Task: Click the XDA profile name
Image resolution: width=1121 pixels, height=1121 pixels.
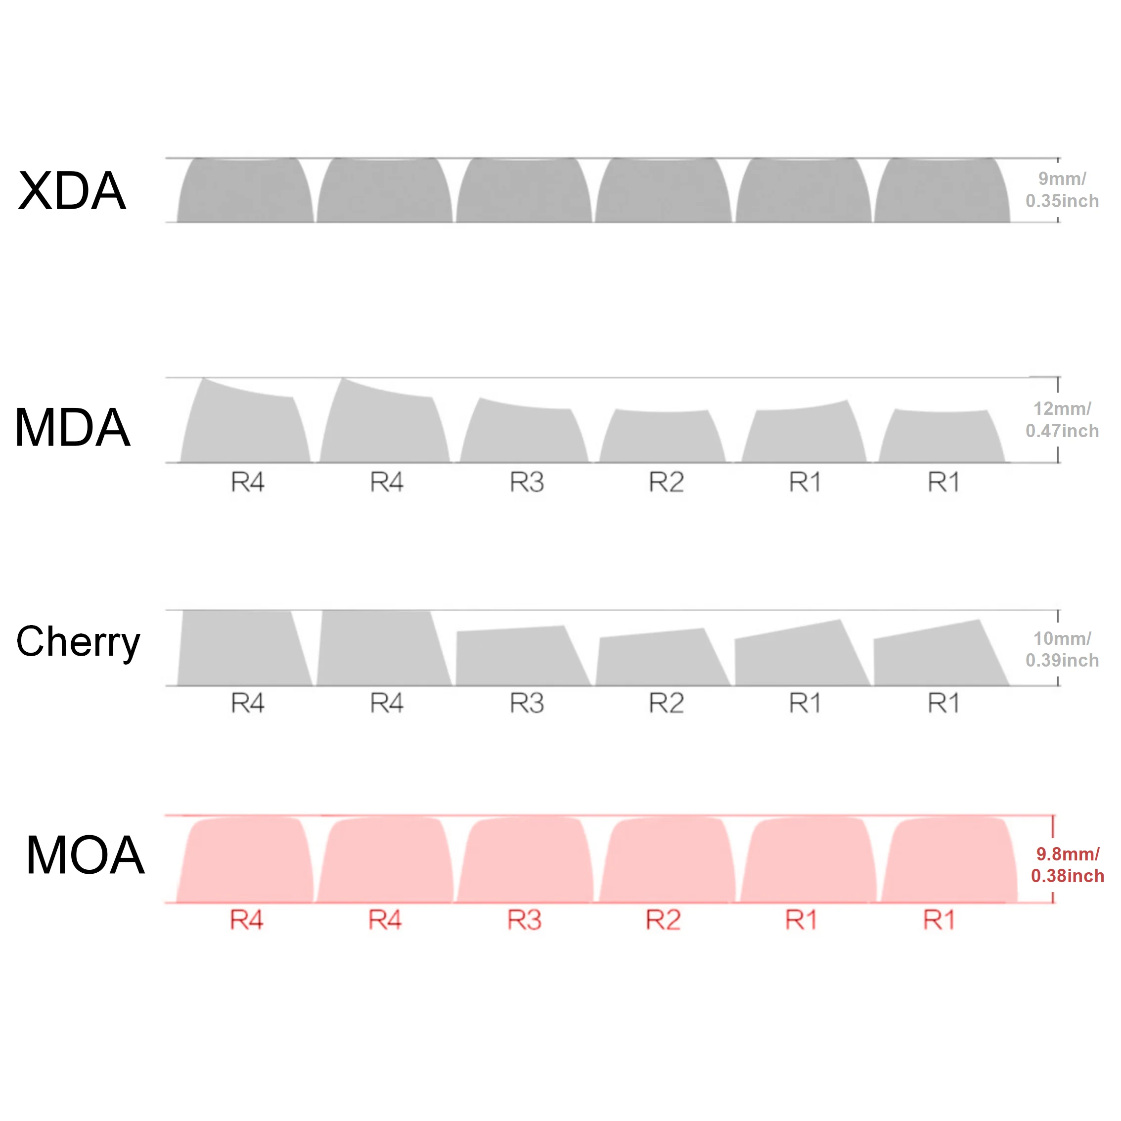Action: click(72, 191)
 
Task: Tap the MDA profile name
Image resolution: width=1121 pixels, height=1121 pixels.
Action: click(73, 428)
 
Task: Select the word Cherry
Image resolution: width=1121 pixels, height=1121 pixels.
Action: click(78, 643)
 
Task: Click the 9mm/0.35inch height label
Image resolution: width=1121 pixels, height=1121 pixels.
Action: click(1062, 190)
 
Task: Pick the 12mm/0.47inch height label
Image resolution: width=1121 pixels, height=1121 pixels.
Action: click(1062, 419)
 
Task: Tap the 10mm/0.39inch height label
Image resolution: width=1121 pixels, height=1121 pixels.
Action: click(1062, 649)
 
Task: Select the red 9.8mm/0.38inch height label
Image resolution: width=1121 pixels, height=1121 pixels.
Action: click(1067, 864)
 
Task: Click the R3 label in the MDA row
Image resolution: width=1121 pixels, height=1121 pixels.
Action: click(526, 482)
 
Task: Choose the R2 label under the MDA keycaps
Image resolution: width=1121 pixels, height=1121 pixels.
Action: click(666, 482)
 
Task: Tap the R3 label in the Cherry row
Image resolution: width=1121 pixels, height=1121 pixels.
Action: click(526, 703)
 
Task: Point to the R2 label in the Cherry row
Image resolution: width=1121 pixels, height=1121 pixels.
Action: click(666, 703)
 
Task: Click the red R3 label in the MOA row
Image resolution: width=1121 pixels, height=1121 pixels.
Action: click(524, 920)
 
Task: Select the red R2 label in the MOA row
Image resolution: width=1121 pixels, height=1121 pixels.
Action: click(663, 920)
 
